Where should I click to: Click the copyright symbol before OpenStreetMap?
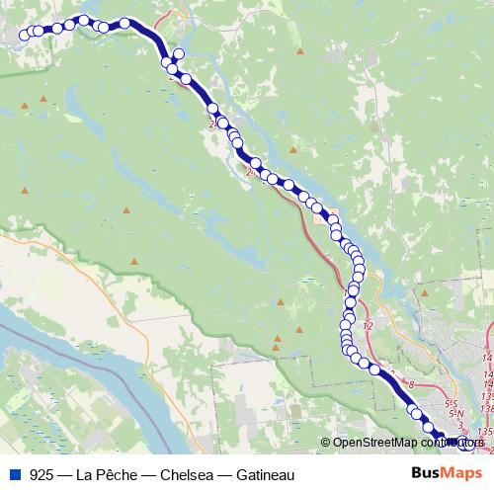[326, 444]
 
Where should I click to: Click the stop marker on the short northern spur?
[179, 54]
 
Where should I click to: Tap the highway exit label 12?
[369, 325]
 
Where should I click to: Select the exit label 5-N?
[455, 415]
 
